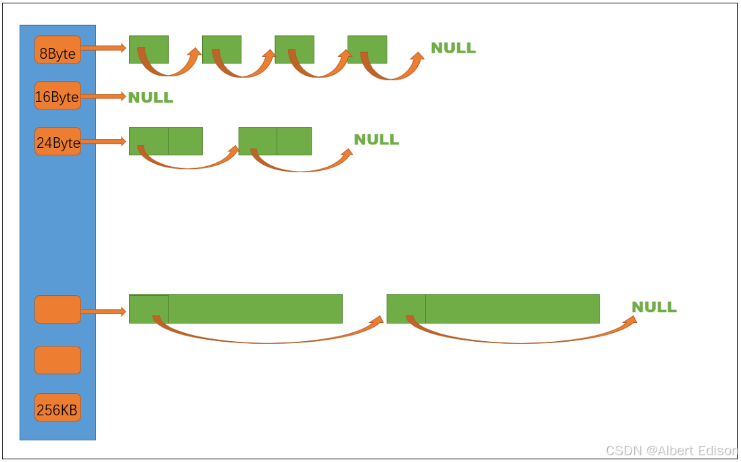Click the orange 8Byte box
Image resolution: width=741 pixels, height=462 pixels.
(57, 50)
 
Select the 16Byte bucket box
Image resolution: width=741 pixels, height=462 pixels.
(57, 96)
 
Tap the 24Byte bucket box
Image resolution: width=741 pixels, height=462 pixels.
(57, 142)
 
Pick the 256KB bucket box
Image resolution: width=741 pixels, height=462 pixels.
(57, 408)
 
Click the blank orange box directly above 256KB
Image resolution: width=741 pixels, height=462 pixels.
(57, 360)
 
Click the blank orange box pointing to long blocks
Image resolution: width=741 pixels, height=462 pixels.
(57, 309)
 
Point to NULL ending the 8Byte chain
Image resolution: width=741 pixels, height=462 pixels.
(453, 48)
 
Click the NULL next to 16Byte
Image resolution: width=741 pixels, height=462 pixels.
(150, 97)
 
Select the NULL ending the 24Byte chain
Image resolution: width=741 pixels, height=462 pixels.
(376, 140)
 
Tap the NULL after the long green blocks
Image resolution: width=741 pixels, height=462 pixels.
(654, 307)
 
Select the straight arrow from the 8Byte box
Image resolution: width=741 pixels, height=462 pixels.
(103, 48)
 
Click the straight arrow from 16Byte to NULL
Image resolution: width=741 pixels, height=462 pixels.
(103, 97)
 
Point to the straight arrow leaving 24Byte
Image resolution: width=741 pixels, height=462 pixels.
(103, 142)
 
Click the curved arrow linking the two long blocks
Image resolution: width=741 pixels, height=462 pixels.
(270, 340)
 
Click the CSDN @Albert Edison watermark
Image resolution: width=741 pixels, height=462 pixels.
(670, 451)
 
